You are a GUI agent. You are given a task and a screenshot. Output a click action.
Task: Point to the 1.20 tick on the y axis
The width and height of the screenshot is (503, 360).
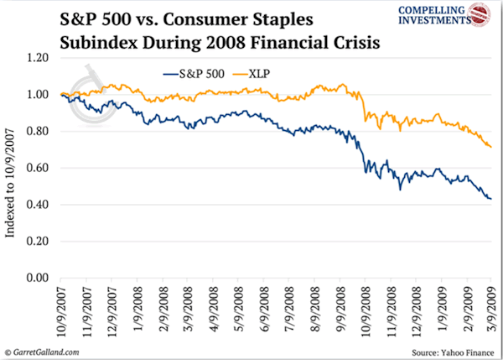pos(39,58)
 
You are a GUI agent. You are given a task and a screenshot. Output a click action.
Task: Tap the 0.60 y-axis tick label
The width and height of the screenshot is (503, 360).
pos(39,168)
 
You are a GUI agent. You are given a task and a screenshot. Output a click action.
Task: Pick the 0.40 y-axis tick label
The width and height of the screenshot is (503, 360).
pos(39,205)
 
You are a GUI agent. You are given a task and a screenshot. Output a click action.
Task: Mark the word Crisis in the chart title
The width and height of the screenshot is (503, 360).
pos(345,40)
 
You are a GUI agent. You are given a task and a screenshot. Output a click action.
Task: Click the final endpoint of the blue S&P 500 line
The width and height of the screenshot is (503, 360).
pos(490,199)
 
